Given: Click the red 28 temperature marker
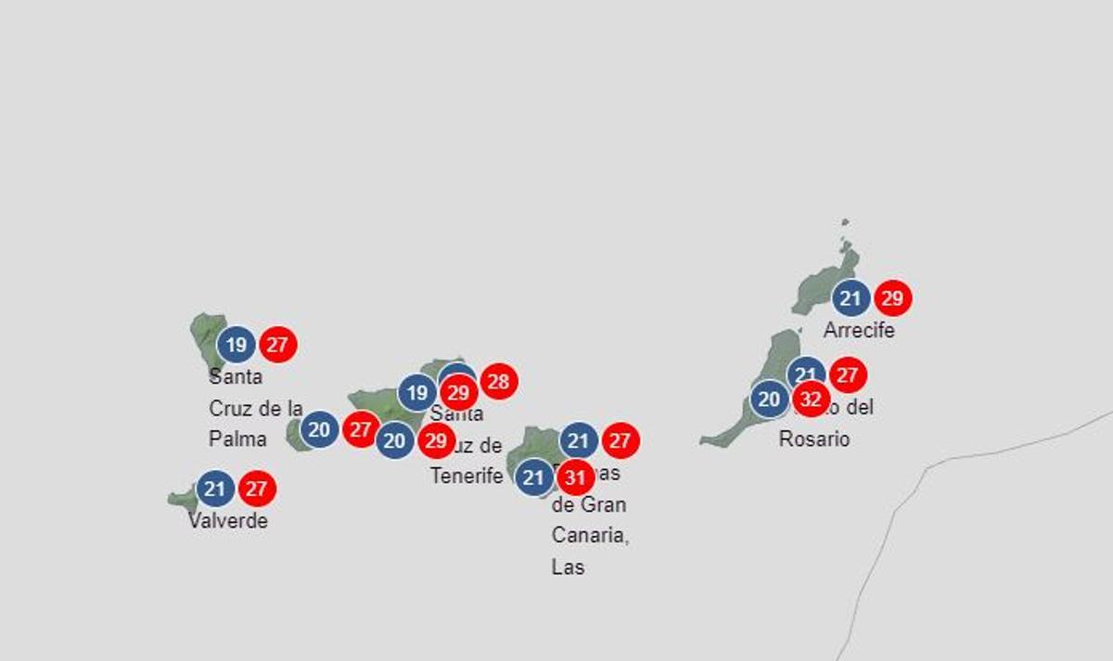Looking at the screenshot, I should (499, 381).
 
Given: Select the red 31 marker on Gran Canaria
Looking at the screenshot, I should (575, 477).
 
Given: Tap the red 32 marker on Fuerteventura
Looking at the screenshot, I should (811, 400).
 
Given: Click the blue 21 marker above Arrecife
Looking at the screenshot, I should (851, 299).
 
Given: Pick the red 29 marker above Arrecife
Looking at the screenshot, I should (892, 299).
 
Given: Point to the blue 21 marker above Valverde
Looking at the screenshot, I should (215, 489).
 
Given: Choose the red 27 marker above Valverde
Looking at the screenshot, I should (257, 489).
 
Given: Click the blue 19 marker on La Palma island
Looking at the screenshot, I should (237, 346).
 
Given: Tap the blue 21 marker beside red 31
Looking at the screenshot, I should (533, 477).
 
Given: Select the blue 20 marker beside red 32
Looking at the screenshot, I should (769, 400).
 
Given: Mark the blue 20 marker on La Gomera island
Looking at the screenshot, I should (319, 429).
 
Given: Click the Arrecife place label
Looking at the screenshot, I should (859, 330).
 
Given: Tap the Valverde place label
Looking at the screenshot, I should (228, 521).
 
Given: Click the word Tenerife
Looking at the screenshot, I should (466, 477).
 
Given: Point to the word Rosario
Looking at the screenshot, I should (813, 439).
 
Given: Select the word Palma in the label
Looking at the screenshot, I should (237, 439).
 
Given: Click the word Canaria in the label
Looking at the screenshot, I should (590, 536).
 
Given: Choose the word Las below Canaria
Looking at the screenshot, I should (568, 566).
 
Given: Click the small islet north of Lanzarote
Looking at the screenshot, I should (845, 223).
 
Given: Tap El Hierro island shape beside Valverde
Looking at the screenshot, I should (182, 500).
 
